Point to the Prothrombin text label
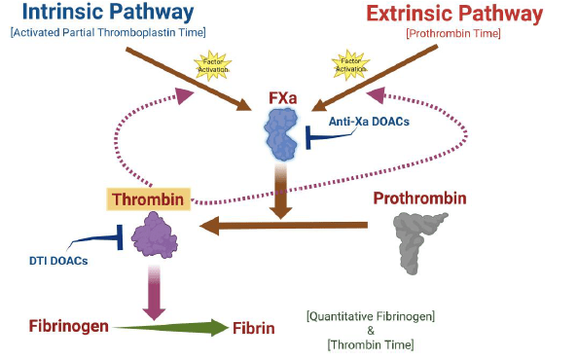click(419, 198)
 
